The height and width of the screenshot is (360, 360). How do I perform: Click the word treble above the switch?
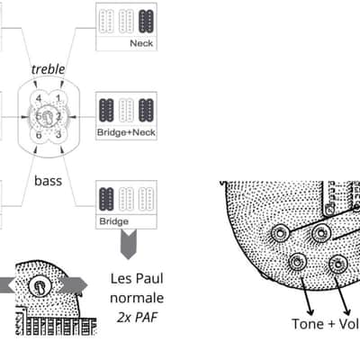pos(48,69)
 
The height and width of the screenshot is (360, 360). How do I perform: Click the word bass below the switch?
pos(49,181)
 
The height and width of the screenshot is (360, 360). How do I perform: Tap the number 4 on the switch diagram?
pos(39,98)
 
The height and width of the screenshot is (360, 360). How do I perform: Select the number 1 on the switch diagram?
pos(58,98)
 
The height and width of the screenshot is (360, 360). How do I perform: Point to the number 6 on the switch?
pos(39,135)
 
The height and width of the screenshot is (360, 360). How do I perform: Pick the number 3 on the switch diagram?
pos(58,134)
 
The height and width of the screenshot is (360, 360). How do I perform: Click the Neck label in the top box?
pos(141,43)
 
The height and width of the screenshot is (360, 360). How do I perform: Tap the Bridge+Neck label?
pos(126,132)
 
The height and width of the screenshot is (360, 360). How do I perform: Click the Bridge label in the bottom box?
pos(114,221)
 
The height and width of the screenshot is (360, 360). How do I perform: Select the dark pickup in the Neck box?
pos(146,22)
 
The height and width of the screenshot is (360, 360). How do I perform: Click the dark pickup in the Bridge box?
pos(106,199)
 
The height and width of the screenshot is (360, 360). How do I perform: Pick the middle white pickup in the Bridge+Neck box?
pos(126,110)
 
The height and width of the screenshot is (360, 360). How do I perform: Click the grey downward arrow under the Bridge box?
pos(129,244)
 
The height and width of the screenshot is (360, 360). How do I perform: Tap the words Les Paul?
pos(137,278)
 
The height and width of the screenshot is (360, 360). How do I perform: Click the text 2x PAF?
pos(137,318)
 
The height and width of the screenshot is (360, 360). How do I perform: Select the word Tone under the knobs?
pos(307,324)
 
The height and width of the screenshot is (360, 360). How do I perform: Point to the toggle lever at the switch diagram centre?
pos(48,117)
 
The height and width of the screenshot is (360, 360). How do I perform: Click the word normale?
pos(137,298)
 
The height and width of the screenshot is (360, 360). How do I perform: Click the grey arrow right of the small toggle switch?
pos(73,285)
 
